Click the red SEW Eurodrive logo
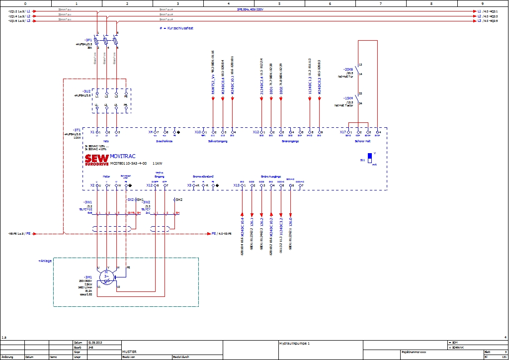point(96,160)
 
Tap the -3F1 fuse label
point(88,40)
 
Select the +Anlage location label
point(45,261)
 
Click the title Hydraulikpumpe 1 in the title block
point(294,343)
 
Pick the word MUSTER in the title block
point(129,352)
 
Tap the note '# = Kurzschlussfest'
point(176,28)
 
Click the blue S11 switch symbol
point(369,156)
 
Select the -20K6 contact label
point(347,69)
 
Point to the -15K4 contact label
point(347,98)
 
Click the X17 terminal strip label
point(342,132)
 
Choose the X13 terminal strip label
point(237,185)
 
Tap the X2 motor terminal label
point(92,185)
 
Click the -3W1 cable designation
point(87,202)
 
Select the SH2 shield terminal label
point(179,199)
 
